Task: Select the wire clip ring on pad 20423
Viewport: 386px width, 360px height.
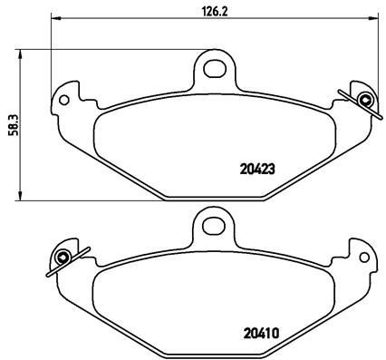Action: click(363, 99)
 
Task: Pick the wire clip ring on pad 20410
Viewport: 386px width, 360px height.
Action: click(63, 256)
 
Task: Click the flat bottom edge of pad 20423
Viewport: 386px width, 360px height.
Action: click(213, 201)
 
